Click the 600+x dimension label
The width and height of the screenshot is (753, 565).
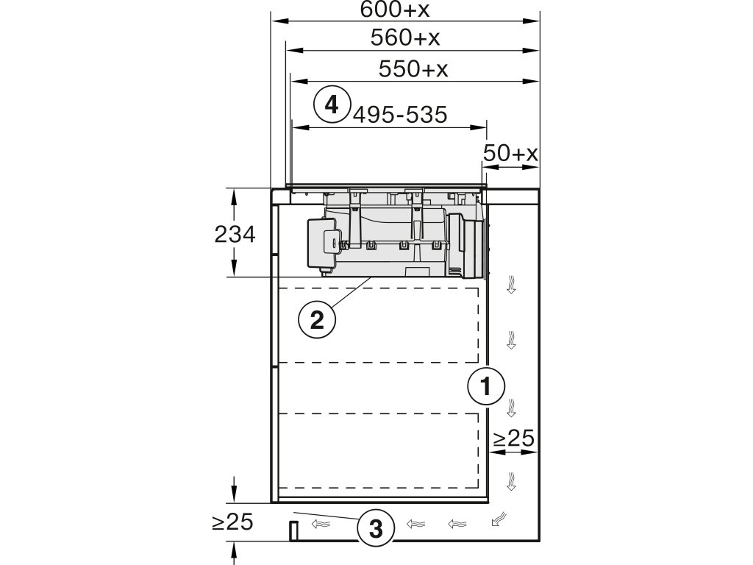406,10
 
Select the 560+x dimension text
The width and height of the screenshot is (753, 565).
410,38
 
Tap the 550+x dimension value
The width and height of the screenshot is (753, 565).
413,69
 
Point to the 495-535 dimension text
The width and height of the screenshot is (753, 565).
400,115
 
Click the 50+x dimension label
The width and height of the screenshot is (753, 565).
511,153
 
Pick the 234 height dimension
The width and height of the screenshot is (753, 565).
235,235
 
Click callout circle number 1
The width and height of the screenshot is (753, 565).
486,385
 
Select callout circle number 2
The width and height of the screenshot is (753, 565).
317,319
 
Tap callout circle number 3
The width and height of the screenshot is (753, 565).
376,528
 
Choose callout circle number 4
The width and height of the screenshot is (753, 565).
332,104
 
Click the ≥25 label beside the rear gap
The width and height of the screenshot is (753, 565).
513,439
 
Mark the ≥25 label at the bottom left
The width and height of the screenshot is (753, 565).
232,522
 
